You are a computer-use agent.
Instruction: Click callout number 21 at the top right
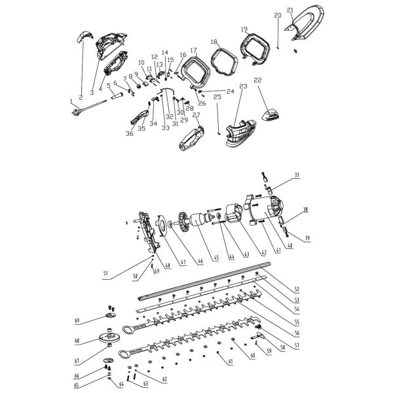click(290, 10)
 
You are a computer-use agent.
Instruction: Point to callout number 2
click(80, 97)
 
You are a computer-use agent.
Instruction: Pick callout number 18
click(213, 41)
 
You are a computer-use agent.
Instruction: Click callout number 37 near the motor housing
click(295, 175)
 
